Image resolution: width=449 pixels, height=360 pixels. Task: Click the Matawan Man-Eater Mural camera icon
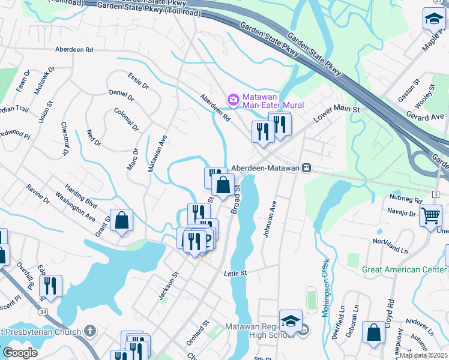pos(233,99)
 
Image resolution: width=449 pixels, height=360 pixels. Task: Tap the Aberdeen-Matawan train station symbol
pos(307,169)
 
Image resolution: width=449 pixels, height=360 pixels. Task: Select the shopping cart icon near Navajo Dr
pos(430,215)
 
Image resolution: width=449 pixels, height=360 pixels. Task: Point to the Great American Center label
pos(404,269)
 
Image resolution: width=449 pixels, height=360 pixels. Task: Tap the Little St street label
pos(235,273)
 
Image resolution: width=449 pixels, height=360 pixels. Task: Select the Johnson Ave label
pos(270,219)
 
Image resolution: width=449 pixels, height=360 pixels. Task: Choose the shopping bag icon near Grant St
pos(121,220)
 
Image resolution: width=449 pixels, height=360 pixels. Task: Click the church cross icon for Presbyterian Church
pos(89,331)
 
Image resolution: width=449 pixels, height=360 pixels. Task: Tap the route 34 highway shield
pos(43,311)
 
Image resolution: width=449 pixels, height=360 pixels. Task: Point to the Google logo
pos(20,352)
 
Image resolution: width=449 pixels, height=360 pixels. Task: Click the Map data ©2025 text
pos(423,355)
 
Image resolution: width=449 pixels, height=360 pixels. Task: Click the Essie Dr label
pos(138,81)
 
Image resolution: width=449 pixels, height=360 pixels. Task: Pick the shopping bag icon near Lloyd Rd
pos(373,332)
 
